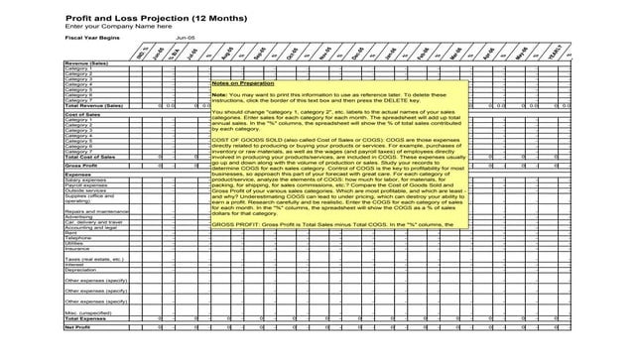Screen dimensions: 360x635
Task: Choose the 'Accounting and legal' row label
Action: tap(91, 227)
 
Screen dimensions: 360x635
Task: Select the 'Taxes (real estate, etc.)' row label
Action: tap(96, 259)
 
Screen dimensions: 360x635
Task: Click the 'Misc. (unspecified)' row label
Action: tap(89, 311)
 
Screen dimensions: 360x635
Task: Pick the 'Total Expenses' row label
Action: tap(85, 318)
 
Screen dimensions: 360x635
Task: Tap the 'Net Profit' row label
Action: tap(77, 327)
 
